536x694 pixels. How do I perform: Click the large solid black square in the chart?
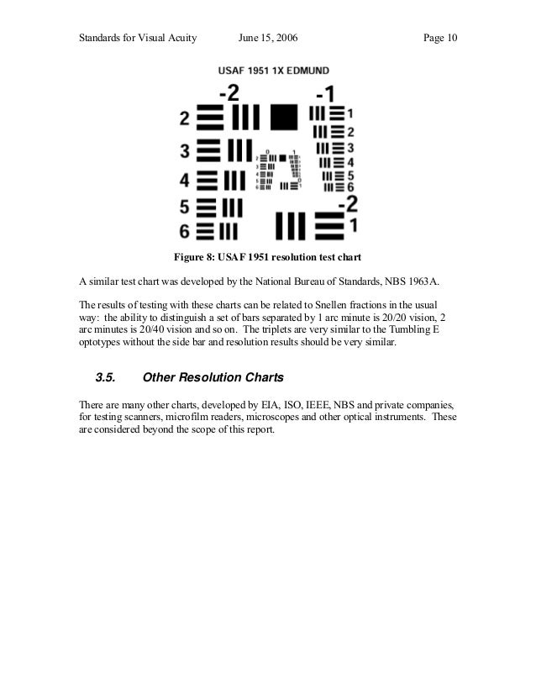tap(284, 117)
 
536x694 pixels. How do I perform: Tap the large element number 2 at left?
tap(184, 119)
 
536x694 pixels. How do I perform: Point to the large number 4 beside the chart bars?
tap(184, 179)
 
